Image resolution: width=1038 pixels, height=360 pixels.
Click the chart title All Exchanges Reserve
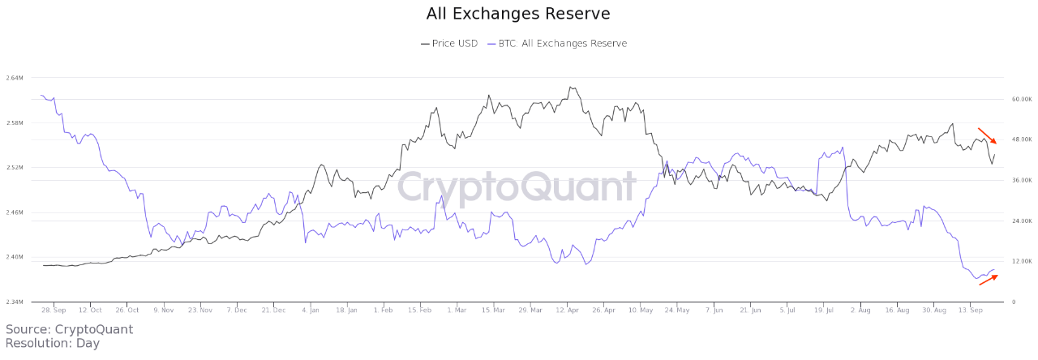pos(518,14)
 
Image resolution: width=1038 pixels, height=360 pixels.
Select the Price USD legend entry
pos(449,44)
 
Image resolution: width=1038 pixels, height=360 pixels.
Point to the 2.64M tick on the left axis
pos(14,78)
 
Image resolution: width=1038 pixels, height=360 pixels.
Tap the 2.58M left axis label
pos(14,123)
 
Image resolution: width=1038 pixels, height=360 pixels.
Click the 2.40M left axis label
pos(14,257)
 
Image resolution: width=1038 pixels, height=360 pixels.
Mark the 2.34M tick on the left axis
pos(14,302)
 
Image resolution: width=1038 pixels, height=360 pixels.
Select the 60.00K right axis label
pos(1020,100)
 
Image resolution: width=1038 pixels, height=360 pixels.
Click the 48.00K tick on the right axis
pos(1020,139)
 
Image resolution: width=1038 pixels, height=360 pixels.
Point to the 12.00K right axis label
pos(1020,261)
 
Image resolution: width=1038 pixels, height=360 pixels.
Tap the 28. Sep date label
pos(54,310)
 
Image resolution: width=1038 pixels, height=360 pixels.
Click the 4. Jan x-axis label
pos(311,310)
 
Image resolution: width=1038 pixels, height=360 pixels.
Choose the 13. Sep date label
pos(972,310)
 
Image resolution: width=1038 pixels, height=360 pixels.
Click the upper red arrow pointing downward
pos(988,135)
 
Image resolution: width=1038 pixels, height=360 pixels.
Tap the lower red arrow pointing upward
pos(989,280)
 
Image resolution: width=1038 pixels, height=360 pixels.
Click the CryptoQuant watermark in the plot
pos(516,186)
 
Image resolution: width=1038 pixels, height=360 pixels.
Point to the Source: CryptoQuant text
pos(69,329)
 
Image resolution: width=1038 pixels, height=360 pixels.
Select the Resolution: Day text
pos(52,343)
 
